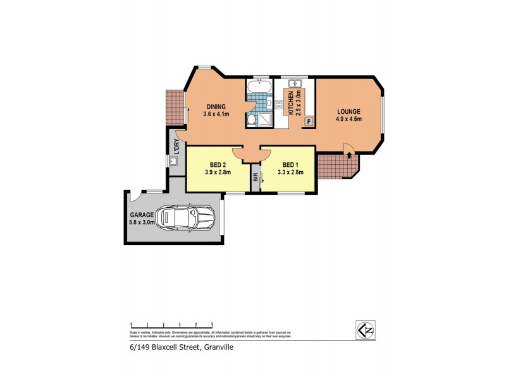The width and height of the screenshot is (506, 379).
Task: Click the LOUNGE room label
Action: click(349, 112)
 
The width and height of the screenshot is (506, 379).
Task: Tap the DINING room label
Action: click(216, 107)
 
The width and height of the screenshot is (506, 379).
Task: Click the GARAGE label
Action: click(143, 215)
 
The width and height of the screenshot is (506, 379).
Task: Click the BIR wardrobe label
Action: click(256, 177)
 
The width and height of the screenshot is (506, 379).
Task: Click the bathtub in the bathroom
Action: click(259, 85)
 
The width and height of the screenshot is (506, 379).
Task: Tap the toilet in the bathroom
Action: click(251, 121)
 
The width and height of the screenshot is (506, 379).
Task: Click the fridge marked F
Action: click(309, 121)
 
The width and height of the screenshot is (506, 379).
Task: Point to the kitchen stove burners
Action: click(280, 105)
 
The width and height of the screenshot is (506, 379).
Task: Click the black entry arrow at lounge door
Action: click(349, 147)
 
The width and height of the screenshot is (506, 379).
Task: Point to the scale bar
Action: click(171, 323)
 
